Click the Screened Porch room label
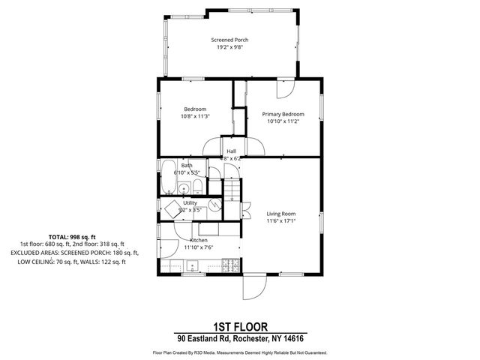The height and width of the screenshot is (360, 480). [229, 40]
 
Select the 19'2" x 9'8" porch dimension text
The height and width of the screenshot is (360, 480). [229, 47]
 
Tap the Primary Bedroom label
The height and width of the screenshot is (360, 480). [283, 114]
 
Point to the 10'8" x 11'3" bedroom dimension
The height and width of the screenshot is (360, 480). [195, 116]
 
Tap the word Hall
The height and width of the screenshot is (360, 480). [232, 151]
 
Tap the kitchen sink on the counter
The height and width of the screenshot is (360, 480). [193, 265]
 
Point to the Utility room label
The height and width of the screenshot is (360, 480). [190, 202]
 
